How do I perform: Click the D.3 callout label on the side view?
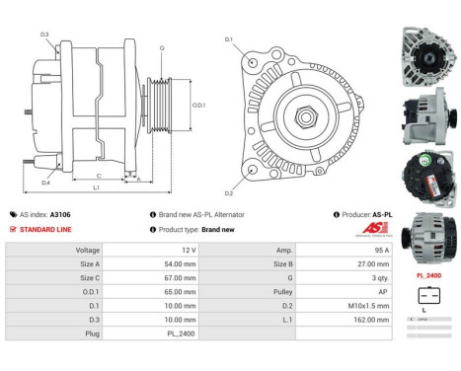(x=44, y=35)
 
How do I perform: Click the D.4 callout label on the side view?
(x=45, y=183)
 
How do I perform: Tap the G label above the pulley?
(x=162, y=47)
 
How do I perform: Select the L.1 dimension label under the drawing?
(x=96, y=187)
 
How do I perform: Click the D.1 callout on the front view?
(x=229, y=39)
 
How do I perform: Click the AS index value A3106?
(x=60, y=214)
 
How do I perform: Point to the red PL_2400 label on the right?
(x=427, y=274)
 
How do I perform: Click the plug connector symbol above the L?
(x=427, y=295)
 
